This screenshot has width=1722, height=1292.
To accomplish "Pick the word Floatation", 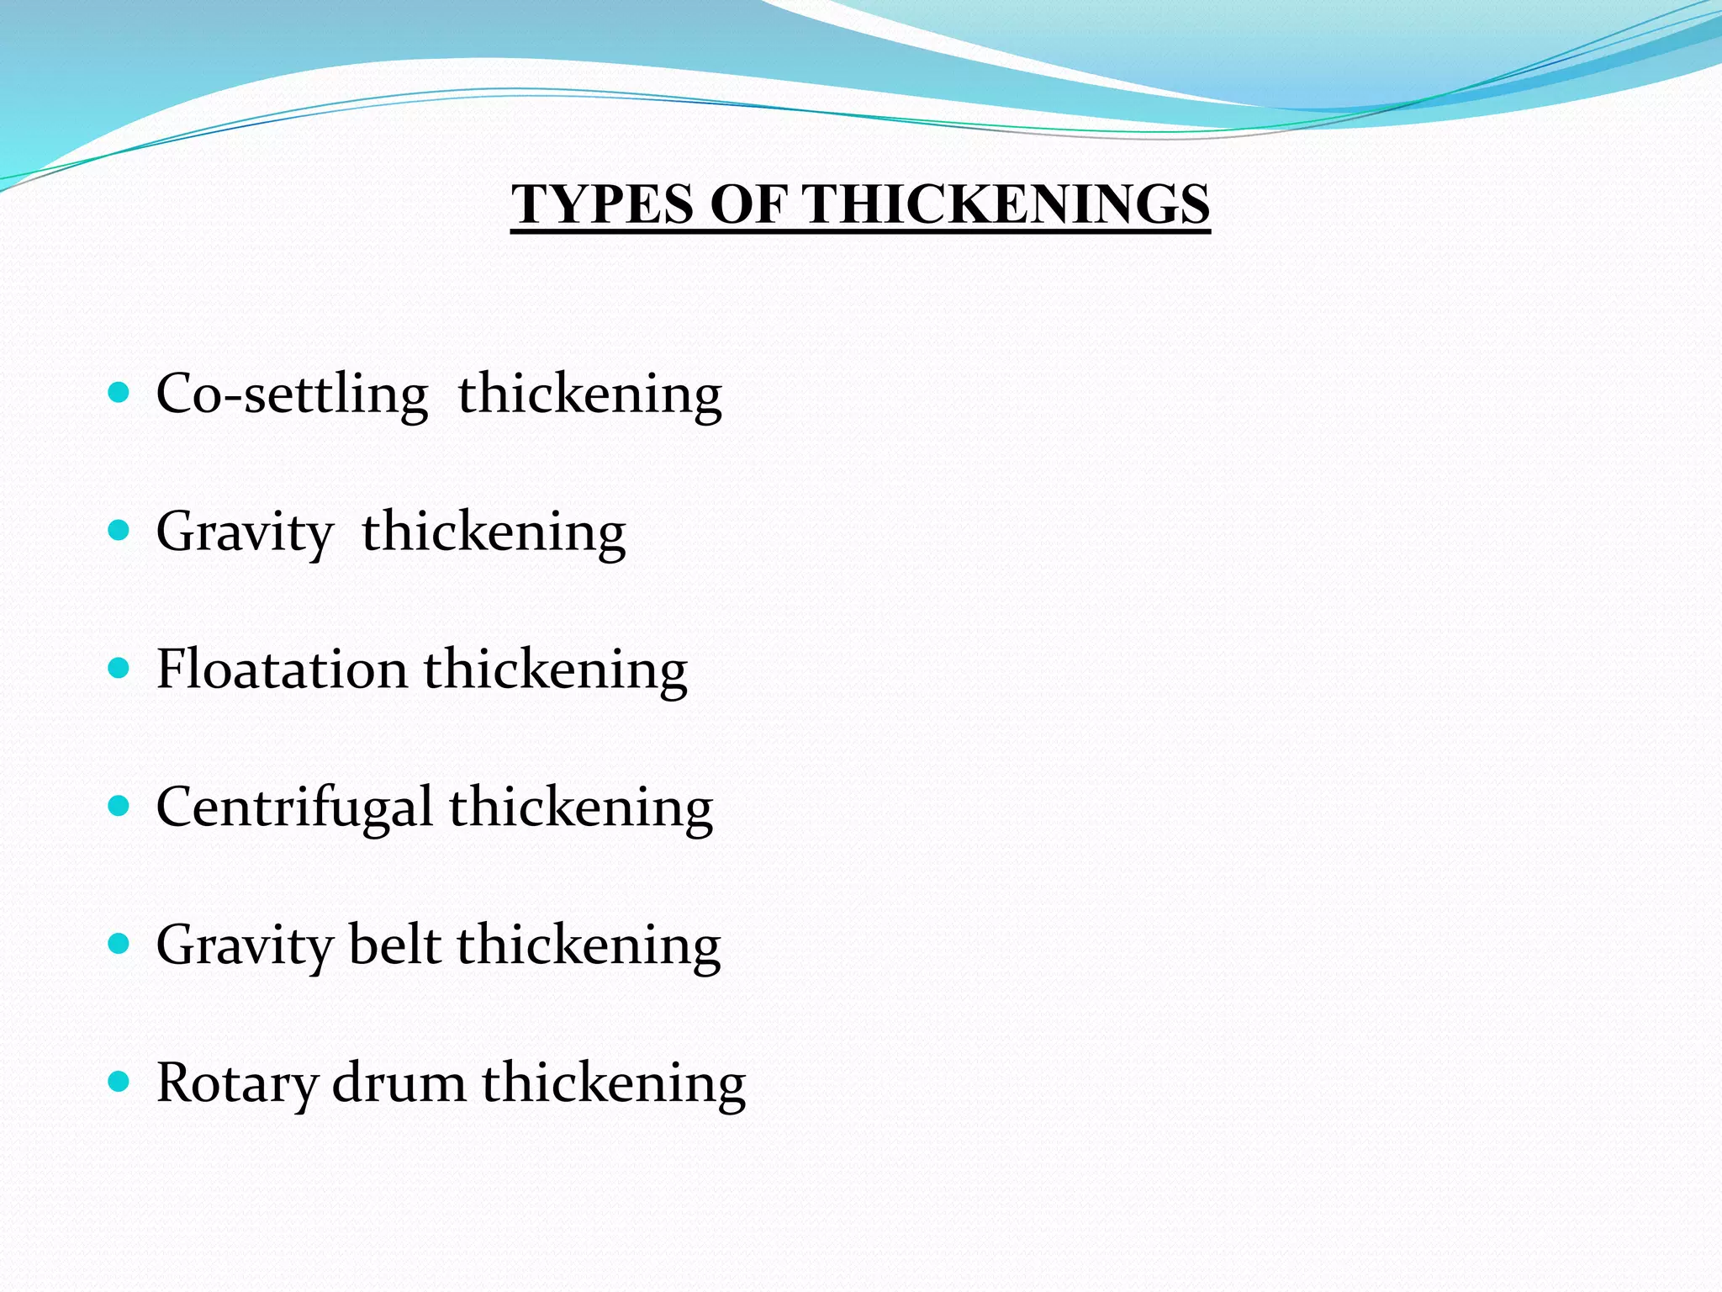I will [282, 670].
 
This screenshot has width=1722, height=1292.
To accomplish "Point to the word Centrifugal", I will [294, 807].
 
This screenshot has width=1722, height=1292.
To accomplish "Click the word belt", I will [394, 945].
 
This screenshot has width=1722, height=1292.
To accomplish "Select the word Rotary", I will [237, 1083].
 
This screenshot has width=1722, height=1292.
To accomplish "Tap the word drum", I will [399, 1083].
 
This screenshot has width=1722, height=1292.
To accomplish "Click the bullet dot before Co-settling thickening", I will [119, 392].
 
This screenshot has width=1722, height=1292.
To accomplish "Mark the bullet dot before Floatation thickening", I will [119, 669].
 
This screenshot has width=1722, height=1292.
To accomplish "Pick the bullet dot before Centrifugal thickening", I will [119, 807].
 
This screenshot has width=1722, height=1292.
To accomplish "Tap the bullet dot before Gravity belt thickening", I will [119, 945].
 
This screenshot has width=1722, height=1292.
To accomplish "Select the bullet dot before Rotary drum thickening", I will [119, 1082].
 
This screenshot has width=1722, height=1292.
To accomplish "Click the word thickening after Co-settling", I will [589, 395].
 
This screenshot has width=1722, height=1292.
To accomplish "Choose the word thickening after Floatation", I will [556, 671].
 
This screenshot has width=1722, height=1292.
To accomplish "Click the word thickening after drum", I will [614, 1084].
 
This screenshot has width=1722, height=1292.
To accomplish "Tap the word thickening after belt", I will [589, 946].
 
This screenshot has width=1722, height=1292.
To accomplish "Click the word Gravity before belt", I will [245, 946].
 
